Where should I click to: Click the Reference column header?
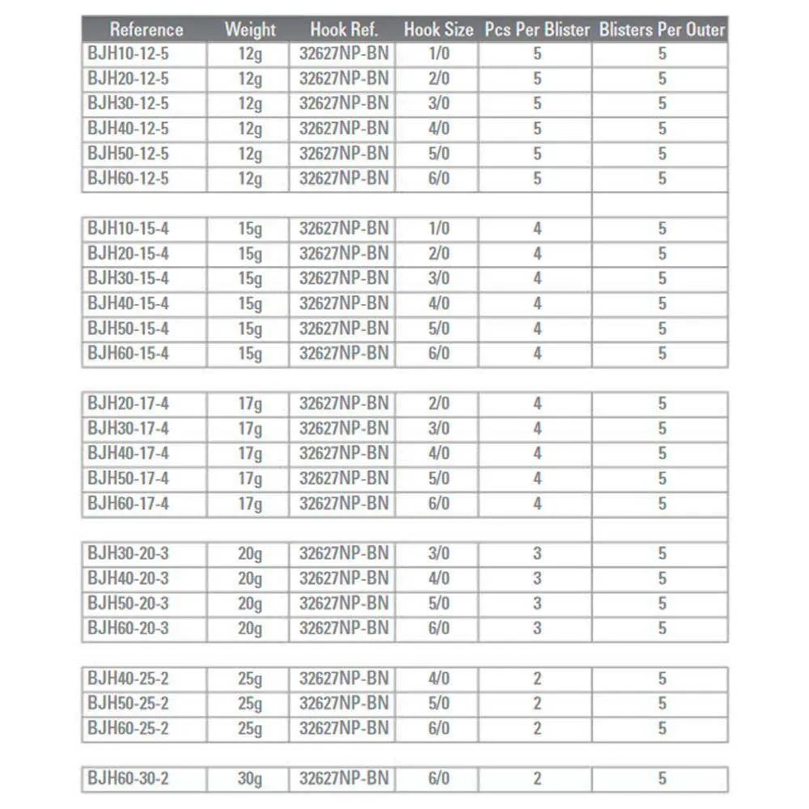point(146,30)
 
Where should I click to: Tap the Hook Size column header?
point(438,30)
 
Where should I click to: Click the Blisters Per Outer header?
point(662,30)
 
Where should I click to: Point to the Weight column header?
point(250,30)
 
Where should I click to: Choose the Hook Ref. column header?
point(344,30)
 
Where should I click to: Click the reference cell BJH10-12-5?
point(128,54)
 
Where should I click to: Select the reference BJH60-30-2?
point(128,778)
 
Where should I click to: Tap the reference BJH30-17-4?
point(128,428)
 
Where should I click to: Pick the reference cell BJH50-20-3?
point(128,604)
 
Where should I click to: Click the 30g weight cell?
point(250,779)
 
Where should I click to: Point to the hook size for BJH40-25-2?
point(438,678)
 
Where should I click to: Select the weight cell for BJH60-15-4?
point(250,354)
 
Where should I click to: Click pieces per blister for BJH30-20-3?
point(537,553)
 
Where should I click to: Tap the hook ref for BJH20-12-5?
point(344,79)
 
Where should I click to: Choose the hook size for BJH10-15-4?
point(438,229)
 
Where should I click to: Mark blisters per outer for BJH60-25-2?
point(662,728)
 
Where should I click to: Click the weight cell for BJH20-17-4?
point(250,404)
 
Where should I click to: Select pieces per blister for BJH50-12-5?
point(537,154)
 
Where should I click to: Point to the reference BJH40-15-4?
point(128,303)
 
